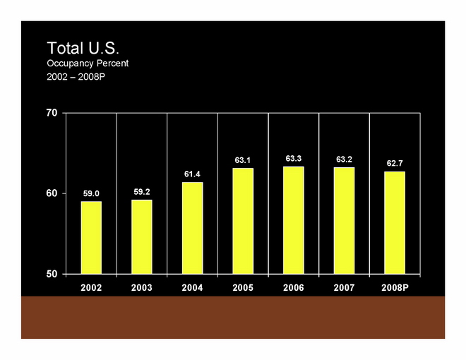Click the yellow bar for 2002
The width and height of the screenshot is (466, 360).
click(91, 237)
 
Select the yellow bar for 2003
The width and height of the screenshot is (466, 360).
click(141, 236)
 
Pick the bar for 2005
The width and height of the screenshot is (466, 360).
click(243, 220)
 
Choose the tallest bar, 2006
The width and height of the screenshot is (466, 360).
click(294, 220)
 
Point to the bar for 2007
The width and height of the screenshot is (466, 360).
click(345, 220)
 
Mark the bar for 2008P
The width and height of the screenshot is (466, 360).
click(395, 222)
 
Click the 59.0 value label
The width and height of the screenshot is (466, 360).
click(91, 193)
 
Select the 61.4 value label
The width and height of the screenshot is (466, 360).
click(192, 174)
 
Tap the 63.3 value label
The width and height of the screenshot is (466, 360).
click(294, 159)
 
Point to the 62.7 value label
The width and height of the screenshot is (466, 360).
click(395, 163)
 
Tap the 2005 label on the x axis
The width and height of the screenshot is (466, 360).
click(243, 287)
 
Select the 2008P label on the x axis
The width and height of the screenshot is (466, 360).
click(395, 287)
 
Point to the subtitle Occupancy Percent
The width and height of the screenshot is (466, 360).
click(88, 64)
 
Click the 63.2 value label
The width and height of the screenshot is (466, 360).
click(345, 160)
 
